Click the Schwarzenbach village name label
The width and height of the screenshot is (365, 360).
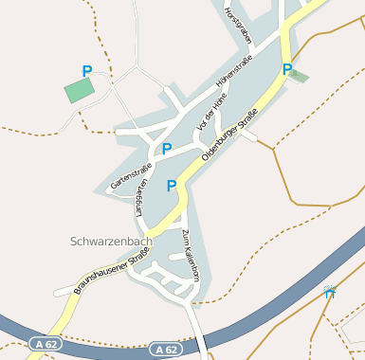[111, 242]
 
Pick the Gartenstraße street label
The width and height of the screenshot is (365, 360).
[131, 176]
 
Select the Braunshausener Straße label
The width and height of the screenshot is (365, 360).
[94, 276]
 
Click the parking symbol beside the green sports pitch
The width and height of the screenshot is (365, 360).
[87, 71]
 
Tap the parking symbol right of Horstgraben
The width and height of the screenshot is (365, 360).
[286, 68]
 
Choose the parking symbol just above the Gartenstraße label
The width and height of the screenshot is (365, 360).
[167, 149]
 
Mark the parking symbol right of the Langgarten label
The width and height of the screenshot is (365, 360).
[172, 186]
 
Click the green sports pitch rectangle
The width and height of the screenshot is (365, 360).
[80, 91]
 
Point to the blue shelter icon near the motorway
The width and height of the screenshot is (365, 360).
[330, 291]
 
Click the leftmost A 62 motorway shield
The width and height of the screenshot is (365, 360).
[43, 342]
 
